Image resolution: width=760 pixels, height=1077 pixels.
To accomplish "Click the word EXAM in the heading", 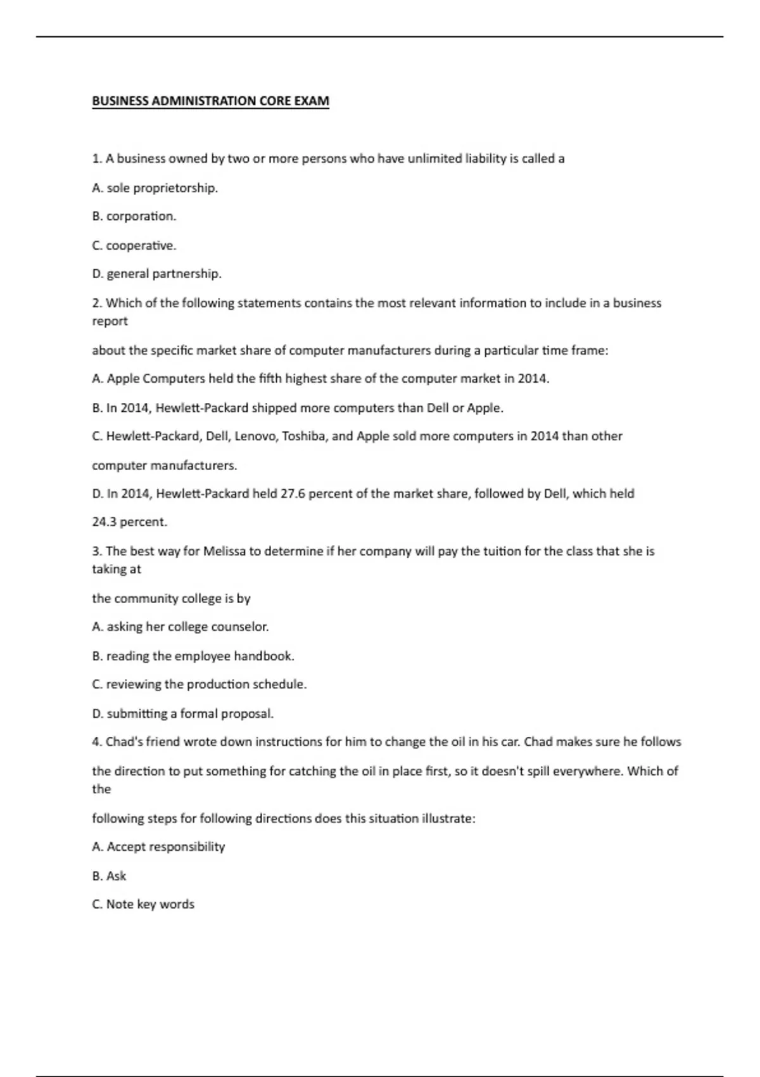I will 312,101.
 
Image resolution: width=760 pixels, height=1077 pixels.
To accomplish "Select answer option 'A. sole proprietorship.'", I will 155,188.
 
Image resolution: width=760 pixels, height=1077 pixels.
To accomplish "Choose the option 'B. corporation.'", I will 134,216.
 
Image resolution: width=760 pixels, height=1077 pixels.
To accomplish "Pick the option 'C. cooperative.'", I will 134,245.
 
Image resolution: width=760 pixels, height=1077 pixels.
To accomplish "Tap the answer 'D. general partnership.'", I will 156,274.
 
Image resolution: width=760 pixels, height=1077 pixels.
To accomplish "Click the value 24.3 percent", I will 130,522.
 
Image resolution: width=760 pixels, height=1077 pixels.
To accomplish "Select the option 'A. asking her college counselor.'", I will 180,627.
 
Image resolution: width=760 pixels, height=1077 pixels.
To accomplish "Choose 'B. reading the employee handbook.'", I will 193,656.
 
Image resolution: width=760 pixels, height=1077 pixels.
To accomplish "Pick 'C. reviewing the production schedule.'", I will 199,684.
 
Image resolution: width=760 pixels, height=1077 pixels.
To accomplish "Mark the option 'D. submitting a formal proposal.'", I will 182,713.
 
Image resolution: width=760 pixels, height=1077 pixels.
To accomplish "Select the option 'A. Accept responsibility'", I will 158,846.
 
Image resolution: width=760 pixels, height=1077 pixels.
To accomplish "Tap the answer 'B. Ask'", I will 109,876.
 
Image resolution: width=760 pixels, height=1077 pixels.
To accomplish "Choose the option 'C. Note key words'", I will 143,904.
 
